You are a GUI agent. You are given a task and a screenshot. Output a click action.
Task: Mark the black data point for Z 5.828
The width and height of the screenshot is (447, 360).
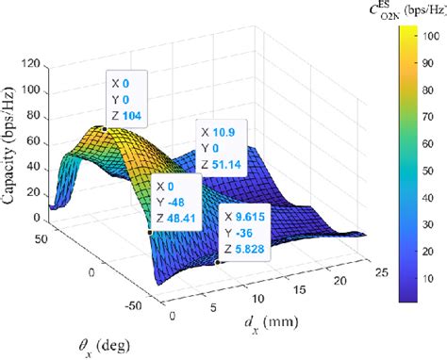pyautogui.click(x=218, y=263)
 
